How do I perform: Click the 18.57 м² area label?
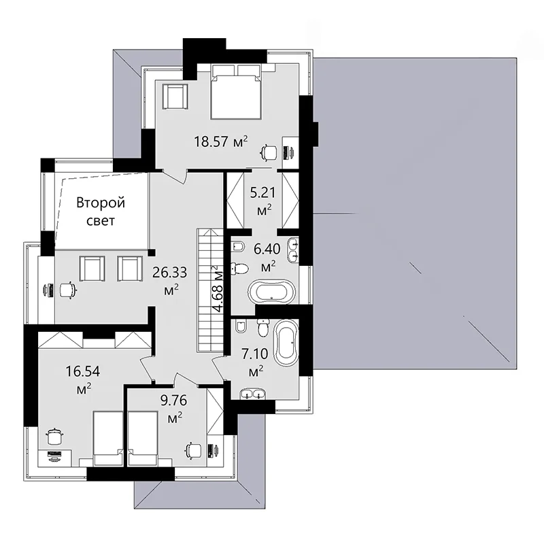coord(221,141)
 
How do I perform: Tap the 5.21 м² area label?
coord(263,200)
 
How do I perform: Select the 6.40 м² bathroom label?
coord(267,257)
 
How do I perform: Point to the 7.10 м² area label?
coord(255,362)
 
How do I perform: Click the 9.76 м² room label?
coord(173,409)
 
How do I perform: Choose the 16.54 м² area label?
coord(83,379)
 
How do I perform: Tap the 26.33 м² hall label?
coord(170,280)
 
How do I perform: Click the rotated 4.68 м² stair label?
coord(218,289)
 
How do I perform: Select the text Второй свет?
coord(101,211)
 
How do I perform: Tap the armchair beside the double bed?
coord(175,97)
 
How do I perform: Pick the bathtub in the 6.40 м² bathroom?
coord(271,291)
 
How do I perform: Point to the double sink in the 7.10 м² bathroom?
coord(252,394)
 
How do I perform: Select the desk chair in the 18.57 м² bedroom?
coord(269,152)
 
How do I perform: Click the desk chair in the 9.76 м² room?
coord(193,451)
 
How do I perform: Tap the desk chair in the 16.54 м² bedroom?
coord(54,436)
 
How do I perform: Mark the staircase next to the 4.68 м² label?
coord(210,291)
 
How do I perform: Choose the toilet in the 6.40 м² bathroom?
coord(239,269)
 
